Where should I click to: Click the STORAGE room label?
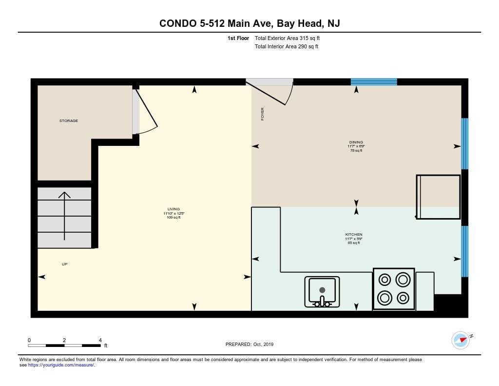[68, 121]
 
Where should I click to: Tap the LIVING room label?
[174, 209]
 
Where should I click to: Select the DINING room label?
[356, 142]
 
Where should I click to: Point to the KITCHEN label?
[354, 235]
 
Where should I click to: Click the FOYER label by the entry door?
[262, 114]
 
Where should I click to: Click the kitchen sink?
[322, 291]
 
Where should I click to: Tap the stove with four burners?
[394, 288]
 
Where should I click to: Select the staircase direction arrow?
[64, 215]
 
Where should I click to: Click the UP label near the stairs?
[64, 264]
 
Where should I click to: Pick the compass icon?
[461, 340]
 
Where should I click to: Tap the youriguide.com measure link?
[61, 365]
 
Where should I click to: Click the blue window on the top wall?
[374, 82]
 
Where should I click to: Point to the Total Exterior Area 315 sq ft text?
[287, 38]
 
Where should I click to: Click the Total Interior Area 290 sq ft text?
[286, 47]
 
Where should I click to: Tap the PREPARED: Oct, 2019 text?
[249, 344]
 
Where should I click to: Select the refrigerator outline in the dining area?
[439, 197]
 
